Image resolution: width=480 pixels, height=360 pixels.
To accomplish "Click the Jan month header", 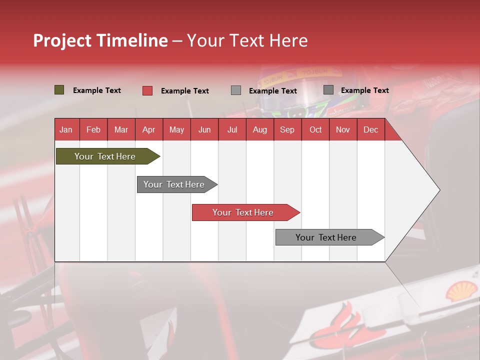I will [66, 129].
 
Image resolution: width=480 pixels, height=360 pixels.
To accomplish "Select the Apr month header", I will [148, 129].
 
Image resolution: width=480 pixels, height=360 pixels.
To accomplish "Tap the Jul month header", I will [232, 129].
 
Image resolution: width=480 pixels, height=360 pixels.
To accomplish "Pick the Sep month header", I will [287, 129].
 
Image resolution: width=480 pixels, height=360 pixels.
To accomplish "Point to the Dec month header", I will [370, 129].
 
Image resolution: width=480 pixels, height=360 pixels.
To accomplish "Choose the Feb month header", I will [93, 129].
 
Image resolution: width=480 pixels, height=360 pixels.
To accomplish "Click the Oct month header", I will [315, 129].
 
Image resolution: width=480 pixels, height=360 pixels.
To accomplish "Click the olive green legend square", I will [59, 90].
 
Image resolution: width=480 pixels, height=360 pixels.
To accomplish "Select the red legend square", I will [147, 90].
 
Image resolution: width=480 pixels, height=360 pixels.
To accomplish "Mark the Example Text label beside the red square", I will [184, 91].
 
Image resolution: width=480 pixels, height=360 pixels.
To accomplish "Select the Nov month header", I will [342, 129].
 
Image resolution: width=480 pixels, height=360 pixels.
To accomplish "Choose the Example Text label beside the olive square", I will [96, 90].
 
